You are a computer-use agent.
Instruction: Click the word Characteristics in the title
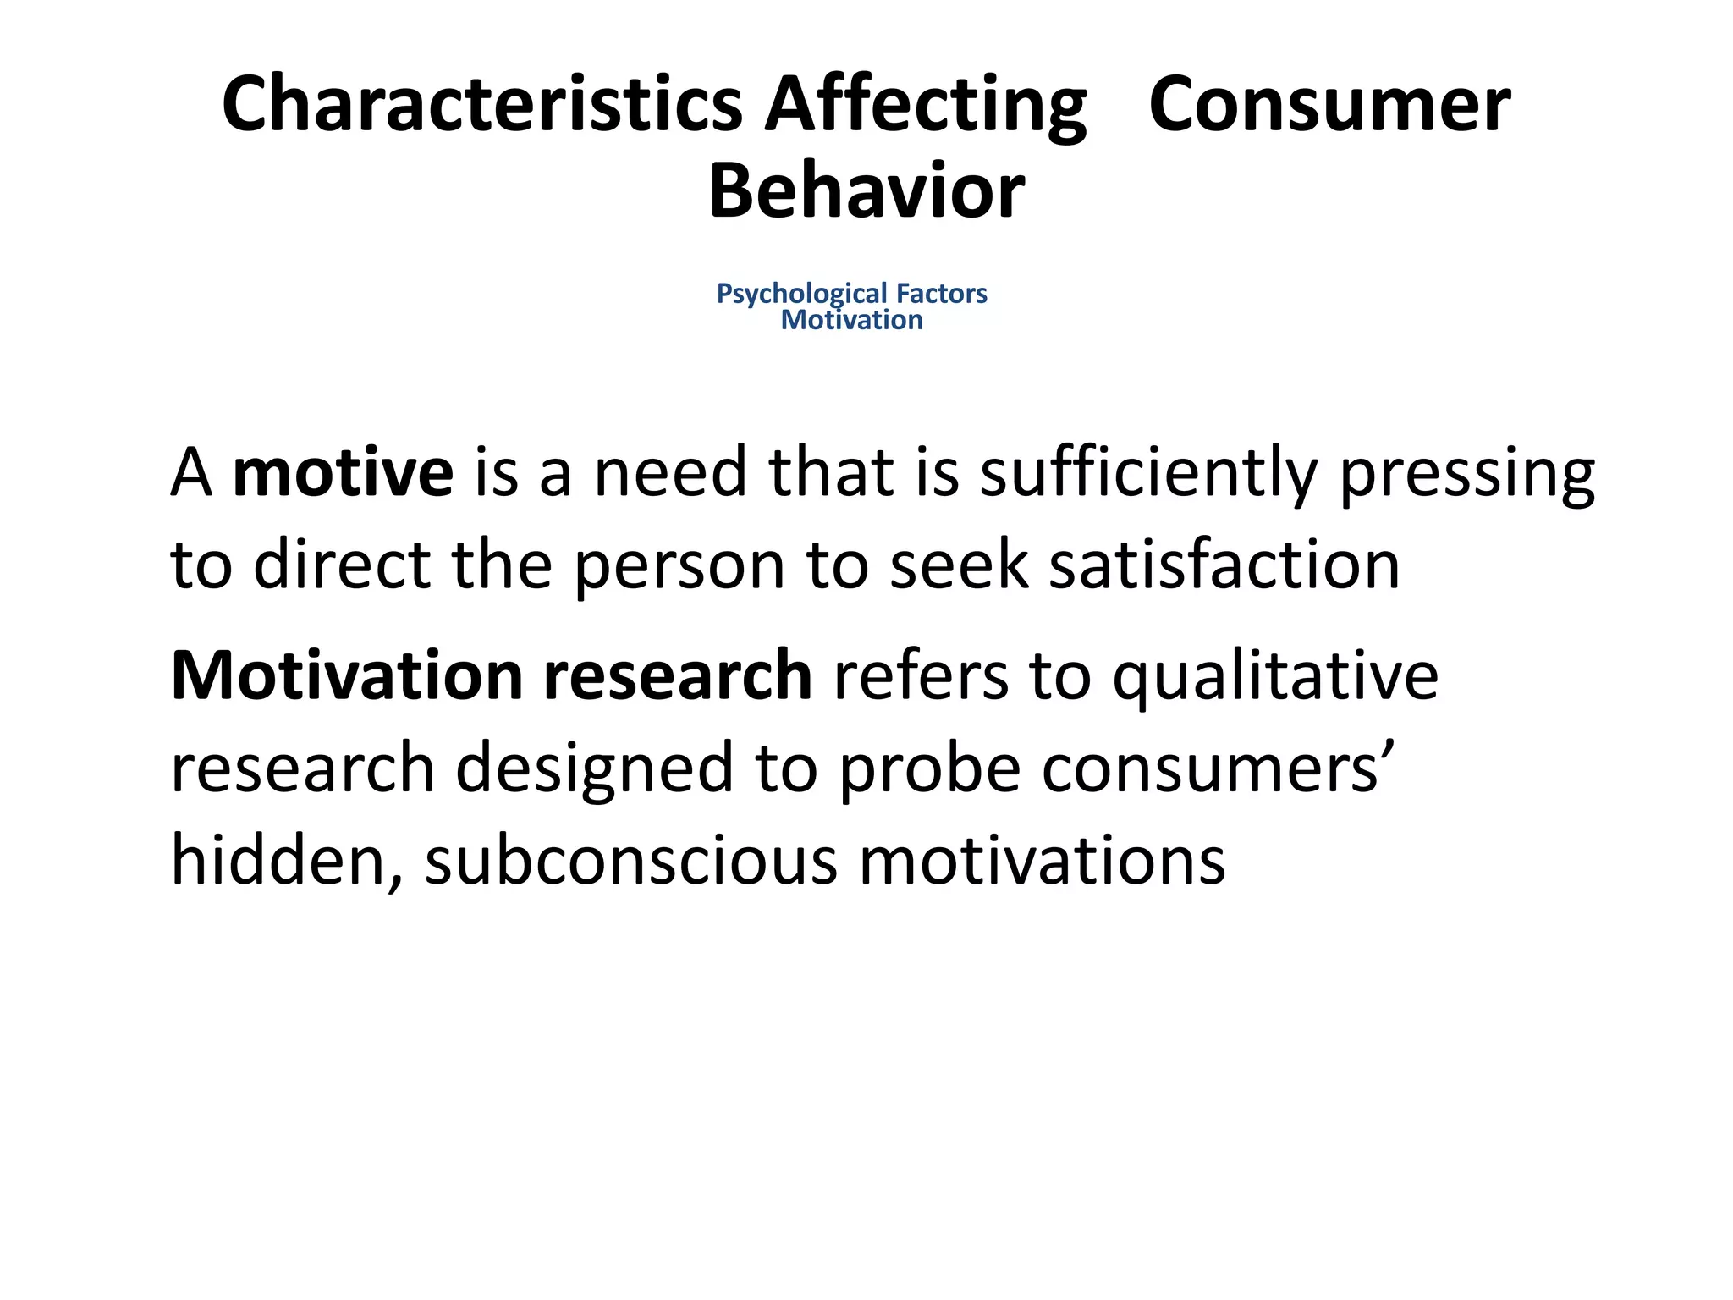[x=481, y=104]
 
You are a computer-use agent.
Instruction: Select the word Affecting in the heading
[x=925, y=104]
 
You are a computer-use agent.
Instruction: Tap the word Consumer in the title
[x=1329, y=104]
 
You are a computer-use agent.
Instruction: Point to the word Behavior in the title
[x=866, y=192]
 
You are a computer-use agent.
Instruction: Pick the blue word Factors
[x=942, y=294]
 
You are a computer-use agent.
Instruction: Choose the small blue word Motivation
[x=851, y=320]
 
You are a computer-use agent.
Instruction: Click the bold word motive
[x=343, y=472]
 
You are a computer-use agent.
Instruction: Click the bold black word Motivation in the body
[x=348, y=676]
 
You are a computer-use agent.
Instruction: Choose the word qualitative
[x=1275, y=678]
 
